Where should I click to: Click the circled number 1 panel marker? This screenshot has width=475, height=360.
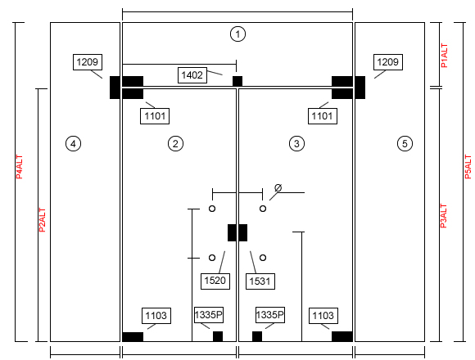237,34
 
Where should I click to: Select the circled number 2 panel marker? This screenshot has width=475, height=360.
175,143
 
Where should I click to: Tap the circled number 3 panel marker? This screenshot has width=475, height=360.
296,143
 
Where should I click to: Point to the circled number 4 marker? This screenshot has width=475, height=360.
73,143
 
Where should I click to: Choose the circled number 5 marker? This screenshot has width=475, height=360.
405,143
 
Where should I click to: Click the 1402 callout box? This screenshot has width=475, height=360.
192,75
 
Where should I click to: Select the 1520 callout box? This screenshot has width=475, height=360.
215,281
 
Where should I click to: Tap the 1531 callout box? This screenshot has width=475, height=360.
260,281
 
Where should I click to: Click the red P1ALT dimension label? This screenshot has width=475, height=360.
444,56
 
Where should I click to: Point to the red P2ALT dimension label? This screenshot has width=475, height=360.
43,220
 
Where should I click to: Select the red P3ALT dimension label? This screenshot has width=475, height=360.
444,216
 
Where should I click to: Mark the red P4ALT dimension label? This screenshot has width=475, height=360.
20,167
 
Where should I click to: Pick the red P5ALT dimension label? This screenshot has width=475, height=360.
468,167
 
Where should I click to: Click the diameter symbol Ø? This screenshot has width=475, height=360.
278,188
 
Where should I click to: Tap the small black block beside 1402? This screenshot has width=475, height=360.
237,81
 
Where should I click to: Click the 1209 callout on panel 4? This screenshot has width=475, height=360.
88,62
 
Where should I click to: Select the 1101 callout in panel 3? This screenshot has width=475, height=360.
323,116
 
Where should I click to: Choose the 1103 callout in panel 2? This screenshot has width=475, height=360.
156,316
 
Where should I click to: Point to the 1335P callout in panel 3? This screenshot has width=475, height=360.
270,315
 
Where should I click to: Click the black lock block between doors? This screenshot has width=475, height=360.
237,232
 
